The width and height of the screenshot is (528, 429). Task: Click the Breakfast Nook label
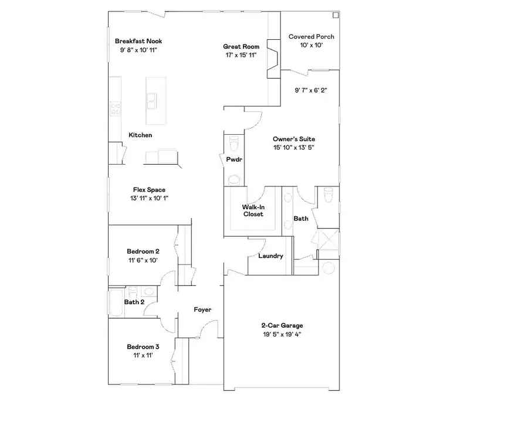(138, 41)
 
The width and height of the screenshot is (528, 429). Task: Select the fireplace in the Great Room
(274, 57)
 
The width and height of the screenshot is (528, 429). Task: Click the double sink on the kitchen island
(151, 101)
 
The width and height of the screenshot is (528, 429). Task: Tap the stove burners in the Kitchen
(115, 108)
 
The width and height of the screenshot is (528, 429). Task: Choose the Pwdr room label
(234, 159)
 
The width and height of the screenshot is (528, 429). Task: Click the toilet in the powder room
(234, 143)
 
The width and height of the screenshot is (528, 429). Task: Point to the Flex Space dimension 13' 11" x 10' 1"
(149, 198)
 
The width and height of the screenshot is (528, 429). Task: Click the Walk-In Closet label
(253, 210)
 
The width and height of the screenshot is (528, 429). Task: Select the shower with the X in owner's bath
(324, 241)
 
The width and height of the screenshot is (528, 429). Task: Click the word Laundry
(270, 256)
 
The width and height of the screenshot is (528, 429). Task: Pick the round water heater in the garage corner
(329, 268)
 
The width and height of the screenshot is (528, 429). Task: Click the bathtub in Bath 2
(115, 302)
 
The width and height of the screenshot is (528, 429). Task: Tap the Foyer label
(203, 309)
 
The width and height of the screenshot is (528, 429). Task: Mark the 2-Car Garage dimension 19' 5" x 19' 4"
(282, 334)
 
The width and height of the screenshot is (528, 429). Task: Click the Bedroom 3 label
(143, 347)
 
